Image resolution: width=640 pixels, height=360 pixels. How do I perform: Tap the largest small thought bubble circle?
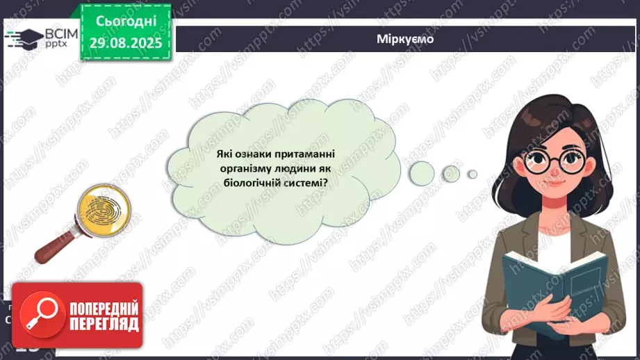tap(421, 170)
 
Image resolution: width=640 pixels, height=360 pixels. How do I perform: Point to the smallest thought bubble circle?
tap(473, 174)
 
